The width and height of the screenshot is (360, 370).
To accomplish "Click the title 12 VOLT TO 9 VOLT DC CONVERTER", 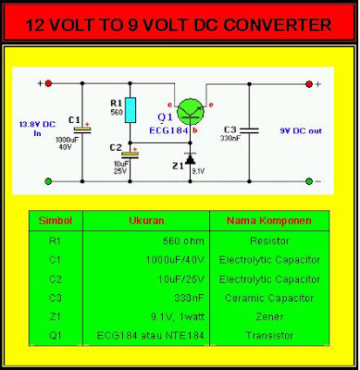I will coord(179,22).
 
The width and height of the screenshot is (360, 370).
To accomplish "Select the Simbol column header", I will coord(56,221).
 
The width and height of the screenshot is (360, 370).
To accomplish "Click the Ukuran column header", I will coord(147,221).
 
